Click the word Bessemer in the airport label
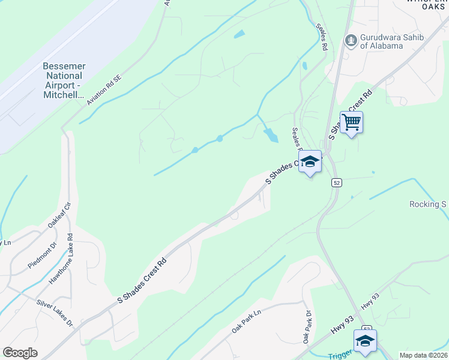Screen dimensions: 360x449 point(64,65)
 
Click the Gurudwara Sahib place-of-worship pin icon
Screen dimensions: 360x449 point(351,41)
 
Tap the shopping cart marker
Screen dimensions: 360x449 point(351,122)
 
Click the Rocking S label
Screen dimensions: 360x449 point(428,204)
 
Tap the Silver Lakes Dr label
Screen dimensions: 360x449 point(54,313)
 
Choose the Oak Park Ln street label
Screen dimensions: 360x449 point(247,322)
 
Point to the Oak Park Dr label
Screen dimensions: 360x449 point(307,327)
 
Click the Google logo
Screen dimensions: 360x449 point(20,352)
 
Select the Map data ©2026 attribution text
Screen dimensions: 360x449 point(423,355)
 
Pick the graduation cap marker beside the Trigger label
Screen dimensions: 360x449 point(364,340)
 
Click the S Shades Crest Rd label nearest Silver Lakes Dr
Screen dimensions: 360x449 point(140,280)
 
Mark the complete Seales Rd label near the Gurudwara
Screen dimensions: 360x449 point(322,38)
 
